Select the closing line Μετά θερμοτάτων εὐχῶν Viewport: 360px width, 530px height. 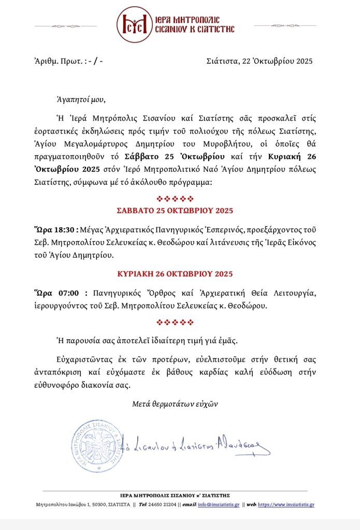click(174, 404)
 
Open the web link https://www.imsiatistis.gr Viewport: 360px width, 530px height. click(286, 505)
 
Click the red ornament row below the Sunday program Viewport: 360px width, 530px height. click(175, 322)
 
